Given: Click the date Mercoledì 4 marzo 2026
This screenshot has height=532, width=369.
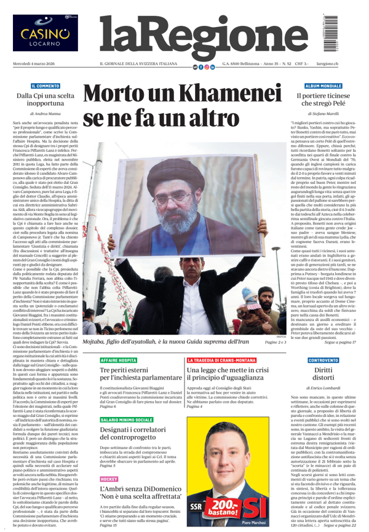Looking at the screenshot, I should coord(36,65).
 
